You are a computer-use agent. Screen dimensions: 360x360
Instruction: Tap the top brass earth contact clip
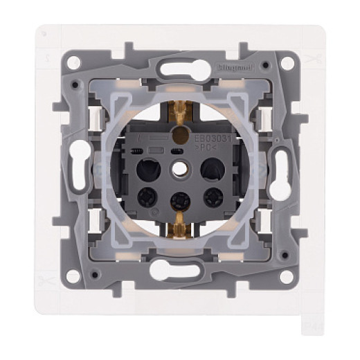(181, 110)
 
